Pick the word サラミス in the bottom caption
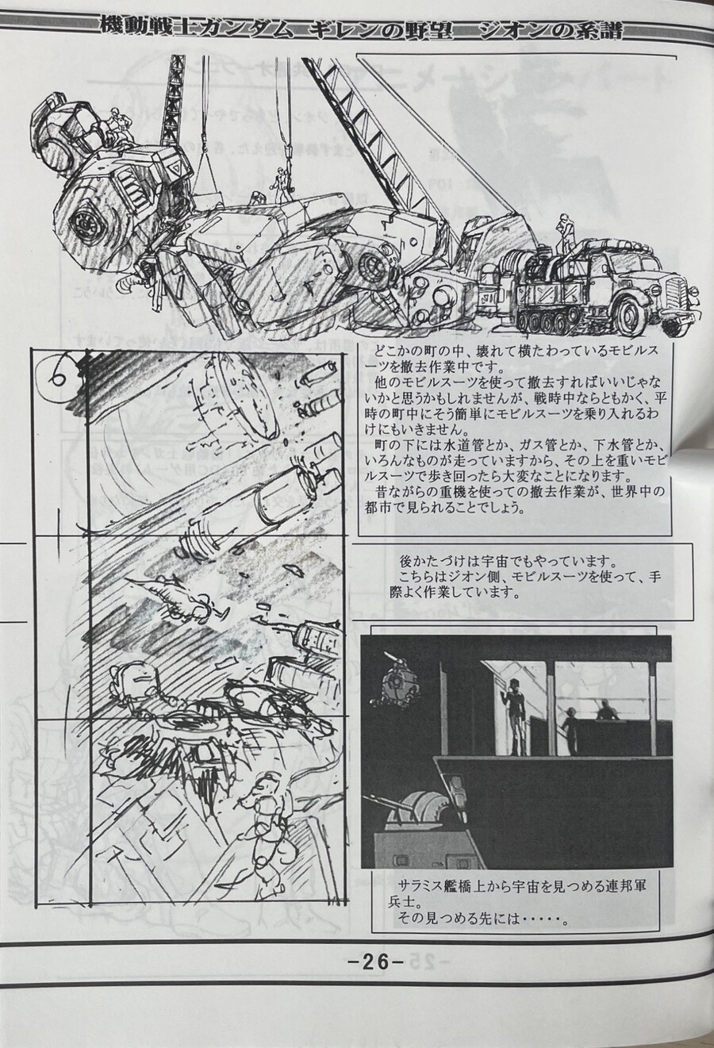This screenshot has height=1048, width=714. tap(422, 887)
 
